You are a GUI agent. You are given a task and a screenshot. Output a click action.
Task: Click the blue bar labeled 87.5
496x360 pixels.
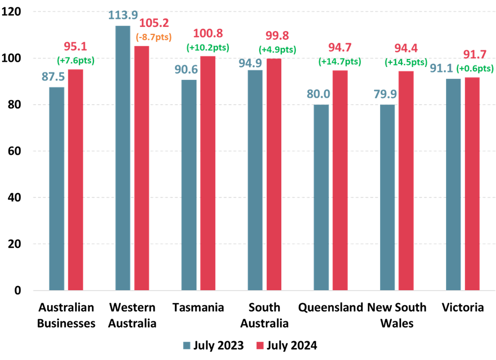click(56, 188)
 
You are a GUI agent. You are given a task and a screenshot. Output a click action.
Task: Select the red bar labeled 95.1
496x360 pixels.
click(75, 180)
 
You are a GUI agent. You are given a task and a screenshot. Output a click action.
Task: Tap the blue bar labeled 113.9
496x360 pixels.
click(123, 158)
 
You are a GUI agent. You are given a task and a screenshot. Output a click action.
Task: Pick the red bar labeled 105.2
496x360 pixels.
click(142, 168)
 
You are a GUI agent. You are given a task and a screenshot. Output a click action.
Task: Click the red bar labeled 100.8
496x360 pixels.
click(208, 173)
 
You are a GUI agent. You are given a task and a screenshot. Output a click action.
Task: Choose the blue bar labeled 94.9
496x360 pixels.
click(255, 180)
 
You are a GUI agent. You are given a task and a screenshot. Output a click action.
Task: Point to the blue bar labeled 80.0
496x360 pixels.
click(321, 197)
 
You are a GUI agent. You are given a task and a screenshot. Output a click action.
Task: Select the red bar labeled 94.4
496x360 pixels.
click(406, 180)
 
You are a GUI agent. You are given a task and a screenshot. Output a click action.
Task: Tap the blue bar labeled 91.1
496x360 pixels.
click(453, 184)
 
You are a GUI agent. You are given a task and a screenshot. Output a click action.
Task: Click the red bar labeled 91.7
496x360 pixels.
click(472, 183)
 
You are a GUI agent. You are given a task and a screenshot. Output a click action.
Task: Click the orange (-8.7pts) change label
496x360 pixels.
click(154, 37)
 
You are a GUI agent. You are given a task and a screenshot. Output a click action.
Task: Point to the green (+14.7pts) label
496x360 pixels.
click(340, 61)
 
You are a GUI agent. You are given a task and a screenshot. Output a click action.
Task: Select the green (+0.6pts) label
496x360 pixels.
click(475, 68)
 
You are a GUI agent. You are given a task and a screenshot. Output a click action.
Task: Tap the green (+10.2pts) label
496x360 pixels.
click(208, 47)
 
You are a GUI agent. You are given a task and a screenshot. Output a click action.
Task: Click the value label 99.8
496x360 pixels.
click(277, 36)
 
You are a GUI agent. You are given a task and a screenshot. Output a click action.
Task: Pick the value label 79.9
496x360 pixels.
click(385, 94)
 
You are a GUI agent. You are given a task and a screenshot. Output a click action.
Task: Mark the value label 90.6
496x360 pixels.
click(186, 70)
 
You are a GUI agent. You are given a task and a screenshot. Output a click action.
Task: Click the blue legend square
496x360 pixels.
click(187, 346)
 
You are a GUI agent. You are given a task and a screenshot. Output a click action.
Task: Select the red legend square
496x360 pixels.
click(260, 346)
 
